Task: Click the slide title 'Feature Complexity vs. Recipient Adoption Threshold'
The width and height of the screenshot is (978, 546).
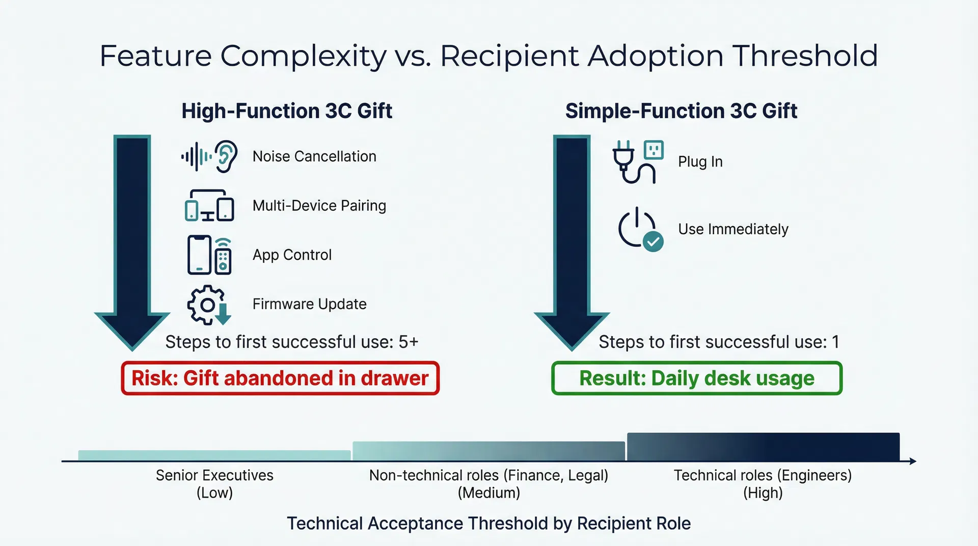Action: (x=489, y=56)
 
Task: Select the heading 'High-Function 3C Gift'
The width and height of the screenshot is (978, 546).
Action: (x=287, y=111)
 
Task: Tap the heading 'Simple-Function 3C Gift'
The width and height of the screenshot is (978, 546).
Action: (x=681, y=111)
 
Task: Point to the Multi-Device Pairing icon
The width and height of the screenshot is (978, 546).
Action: (x=209, y=205)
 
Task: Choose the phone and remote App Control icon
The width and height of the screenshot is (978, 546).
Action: (x=209, y=255)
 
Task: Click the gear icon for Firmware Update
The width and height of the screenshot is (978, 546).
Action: (x=209, y=305)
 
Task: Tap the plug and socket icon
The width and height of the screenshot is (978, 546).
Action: (x=638, y=161)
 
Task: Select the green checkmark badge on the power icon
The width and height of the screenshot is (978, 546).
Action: (x=653, y=241)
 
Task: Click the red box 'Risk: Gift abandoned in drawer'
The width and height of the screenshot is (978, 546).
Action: (x=280, y=378)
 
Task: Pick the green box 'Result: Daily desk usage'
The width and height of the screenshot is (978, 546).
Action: (x=697, y=378)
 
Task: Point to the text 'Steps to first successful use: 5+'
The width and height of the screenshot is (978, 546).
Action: (x=292, y=342)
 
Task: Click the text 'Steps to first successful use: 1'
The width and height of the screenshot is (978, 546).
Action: (x=719, y=342)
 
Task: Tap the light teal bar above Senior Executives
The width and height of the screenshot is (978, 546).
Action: (x=214, y=455)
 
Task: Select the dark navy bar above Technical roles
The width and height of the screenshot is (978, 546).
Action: (x=763, y=447)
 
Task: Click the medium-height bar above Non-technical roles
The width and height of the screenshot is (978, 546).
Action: (x=488, y=451)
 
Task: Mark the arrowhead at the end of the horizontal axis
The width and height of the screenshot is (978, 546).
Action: (x=913, y=461)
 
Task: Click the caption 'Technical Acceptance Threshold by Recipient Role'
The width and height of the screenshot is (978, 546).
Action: (x=489, y=524)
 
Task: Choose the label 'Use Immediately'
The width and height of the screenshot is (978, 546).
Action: (x=733, y=229)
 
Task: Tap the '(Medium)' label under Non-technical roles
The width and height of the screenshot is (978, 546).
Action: (x=489, y=493)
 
